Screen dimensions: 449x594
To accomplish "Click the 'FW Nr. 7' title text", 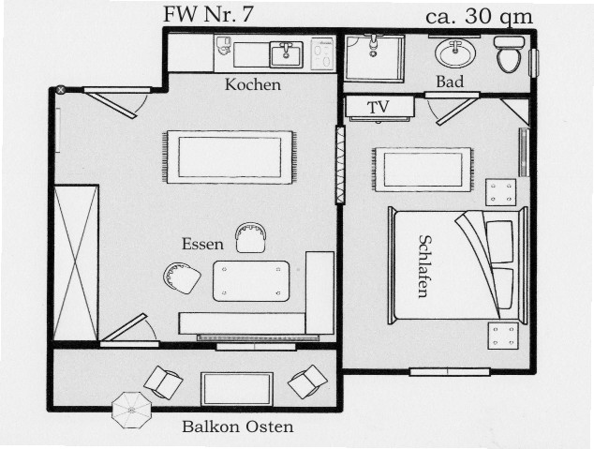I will point(207,14).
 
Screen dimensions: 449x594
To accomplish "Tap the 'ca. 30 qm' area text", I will point(480,15).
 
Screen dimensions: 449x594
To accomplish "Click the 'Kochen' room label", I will point(253,84).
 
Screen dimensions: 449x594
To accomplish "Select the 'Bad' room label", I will point(450,82).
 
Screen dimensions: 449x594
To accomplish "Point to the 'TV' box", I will point(378,107).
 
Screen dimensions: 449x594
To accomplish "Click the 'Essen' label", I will point(202,244).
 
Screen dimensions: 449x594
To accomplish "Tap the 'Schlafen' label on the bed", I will point(423,265).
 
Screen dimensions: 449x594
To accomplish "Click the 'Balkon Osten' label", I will point(237,427).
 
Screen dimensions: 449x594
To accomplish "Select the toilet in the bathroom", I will point(509,55).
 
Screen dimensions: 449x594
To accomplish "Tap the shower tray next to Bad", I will point(374,58).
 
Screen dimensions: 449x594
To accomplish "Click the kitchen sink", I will point(286,54).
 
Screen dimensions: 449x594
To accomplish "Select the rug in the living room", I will point(230,157).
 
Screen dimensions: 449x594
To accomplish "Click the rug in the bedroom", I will point(423,170).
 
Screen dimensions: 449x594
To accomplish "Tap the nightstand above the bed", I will point(500,192).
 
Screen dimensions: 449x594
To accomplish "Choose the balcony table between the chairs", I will point(237,388).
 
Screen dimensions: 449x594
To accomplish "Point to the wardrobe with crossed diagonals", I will point(76,263).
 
